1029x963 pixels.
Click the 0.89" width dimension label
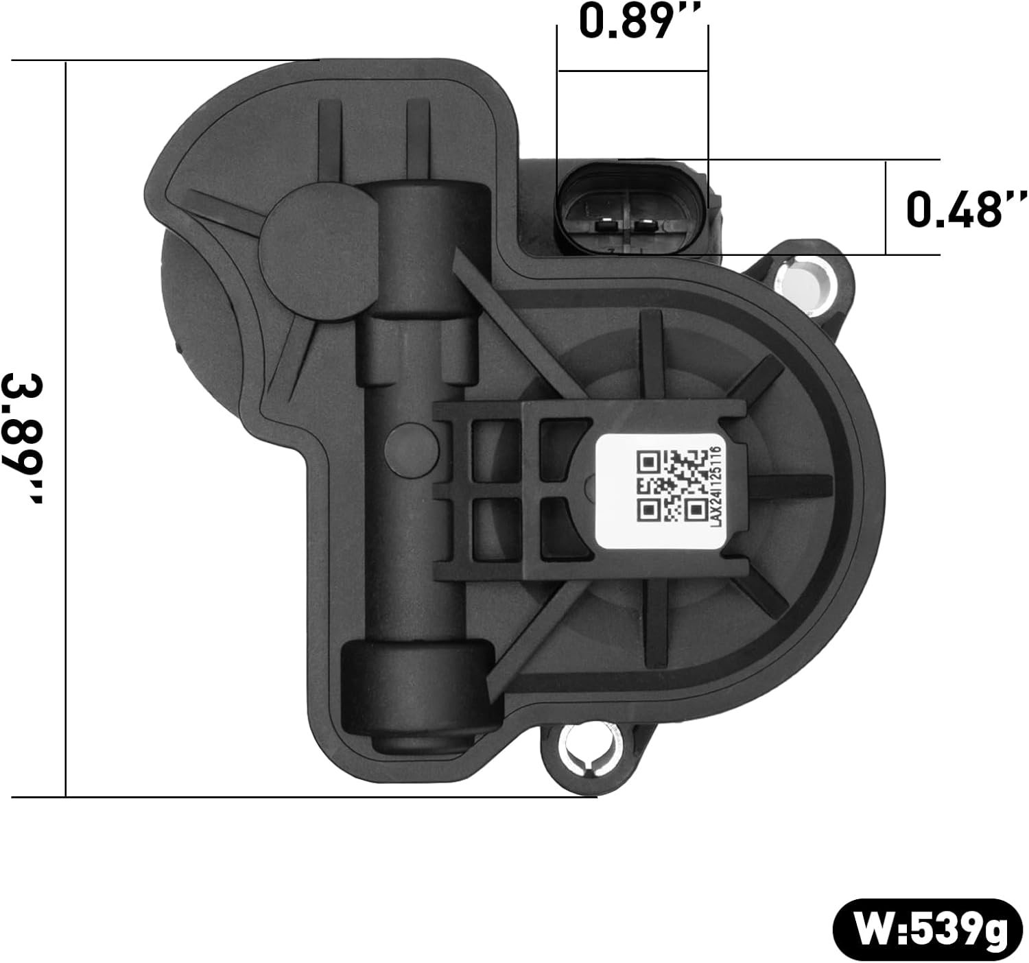click(x=632, y=22)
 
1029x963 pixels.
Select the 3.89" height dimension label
click(x=25, y=439)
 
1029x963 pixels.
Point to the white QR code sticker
click(x=659, y=491)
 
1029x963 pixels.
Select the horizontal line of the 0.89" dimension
click(x=632, y=71)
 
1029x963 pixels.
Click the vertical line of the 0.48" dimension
click(x=886, y=208)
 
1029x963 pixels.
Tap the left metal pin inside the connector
click(x=606, y=224)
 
